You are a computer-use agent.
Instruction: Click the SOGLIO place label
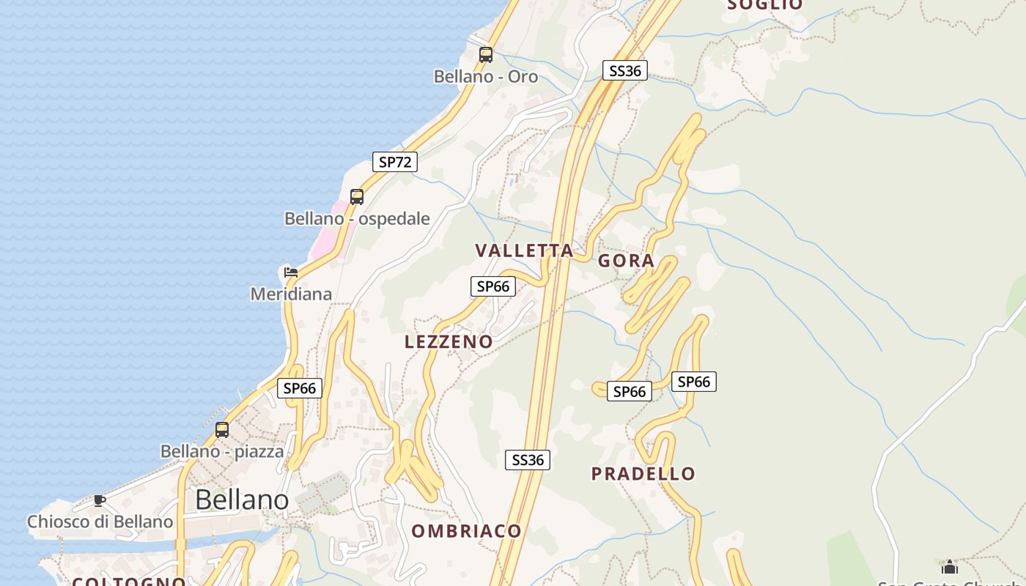764,5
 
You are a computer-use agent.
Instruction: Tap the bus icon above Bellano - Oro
485,54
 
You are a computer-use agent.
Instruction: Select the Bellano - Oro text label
485,76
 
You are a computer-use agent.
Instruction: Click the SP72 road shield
395,162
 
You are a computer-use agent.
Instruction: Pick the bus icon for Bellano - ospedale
357,196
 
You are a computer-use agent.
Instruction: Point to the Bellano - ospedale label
357,218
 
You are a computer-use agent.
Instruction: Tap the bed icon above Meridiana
291,272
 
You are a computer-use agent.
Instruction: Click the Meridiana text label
291,294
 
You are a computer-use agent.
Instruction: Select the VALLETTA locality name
524,251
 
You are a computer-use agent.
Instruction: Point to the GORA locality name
626,261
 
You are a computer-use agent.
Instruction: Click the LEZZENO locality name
449,341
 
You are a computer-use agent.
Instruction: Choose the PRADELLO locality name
643,473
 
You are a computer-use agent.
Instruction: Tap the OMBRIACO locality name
466,531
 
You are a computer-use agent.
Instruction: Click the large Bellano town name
242,500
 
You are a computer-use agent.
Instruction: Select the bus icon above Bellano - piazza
222,430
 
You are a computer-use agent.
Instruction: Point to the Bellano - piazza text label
222,451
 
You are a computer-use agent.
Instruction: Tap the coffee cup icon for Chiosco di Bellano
99,501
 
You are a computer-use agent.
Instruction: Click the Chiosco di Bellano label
100,522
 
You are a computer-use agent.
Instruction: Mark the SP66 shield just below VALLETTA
492,286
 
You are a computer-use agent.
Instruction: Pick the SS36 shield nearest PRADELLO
528,460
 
